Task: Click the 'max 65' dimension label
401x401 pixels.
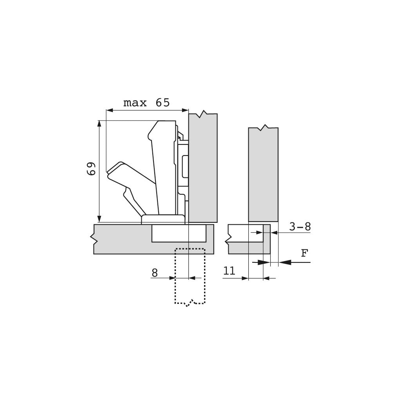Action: coord(146,103)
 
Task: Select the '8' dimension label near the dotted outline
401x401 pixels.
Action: coord(155,273)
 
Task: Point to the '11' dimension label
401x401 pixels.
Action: coord(229,271)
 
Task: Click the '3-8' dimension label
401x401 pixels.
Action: coord(300,227)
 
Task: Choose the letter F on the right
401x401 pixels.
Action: coord(304,253)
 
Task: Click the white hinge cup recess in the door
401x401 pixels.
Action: coord(178,233)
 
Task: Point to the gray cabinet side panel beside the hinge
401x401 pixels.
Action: coord(203,168)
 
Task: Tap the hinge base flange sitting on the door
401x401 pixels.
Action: coord(163,219)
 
